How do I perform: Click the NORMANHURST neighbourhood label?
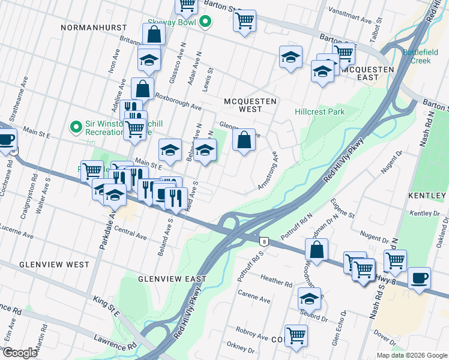[97, 28]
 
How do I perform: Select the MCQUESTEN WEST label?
[250, 106]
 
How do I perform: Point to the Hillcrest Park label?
[320, 112]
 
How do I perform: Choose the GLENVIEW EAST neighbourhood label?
[172, 279]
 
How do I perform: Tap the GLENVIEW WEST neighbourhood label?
[53, 265]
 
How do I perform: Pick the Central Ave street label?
[130, 233]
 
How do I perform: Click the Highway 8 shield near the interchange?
[264, 241]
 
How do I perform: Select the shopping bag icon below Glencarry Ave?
[244, 141]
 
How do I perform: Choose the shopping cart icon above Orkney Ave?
[295, 335]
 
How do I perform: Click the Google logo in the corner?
[20, 353]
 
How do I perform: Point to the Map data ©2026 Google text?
[412, 355]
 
